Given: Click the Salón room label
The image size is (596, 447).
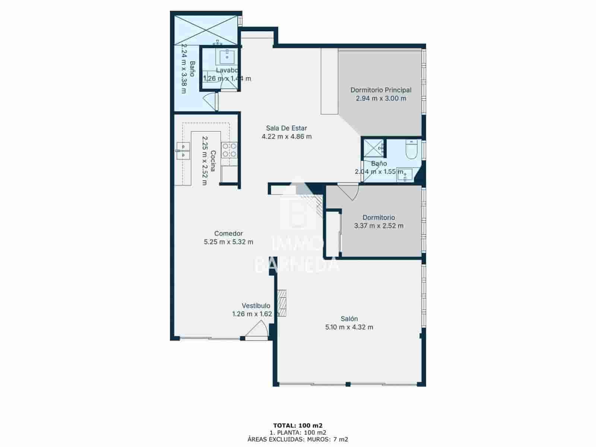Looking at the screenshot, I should point(349,319).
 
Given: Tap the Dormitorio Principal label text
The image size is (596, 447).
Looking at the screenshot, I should point(381,90).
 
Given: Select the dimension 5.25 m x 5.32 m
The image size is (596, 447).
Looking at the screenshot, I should point(228,242).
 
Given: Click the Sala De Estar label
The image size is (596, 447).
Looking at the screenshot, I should point(286,128).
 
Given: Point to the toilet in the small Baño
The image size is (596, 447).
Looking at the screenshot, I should point(411,150).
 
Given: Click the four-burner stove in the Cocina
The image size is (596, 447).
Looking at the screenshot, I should point(229,150).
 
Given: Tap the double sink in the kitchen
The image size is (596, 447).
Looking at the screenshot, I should point(183,150).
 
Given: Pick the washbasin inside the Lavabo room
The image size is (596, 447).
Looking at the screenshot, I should point(226,57).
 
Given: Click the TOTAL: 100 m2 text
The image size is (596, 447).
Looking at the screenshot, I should point(298,425).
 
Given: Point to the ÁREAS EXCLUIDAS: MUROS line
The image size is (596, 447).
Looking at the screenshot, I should point(298,439).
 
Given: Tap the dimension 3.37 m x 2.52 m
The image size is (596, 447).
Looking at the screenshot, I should point(378,226).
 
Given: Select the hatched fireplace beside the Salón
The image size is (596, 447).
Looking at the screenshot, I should point(283,303).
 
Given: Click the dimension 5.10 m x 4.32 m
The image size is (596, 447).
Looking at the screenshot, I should point(349,327).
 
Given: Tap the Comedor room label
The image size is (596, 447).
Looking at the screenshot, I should point(228,234).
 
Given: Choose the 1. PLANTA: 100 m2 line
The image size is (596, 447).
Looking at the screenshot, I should point(298,432).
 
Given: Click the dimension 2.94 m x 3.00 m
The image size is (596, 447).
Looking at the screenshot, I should point(381,98).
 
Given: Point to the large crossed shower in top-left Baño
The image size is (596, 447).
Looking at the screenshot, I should point(206,29).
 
